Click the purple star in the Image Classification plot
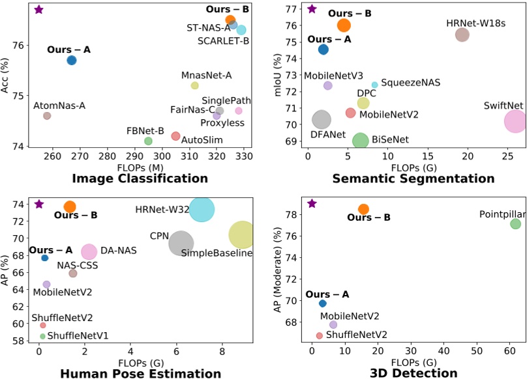pyautogui.click(x=38, y=9)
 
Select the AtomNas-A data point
pyautogui.click(x=47, y=115)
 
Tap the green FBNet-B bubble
pyautogui.click(x=148, y=141)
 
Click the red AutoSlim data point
pyautogui.click(x=175, y=135)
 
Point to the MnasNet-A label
pyautogui.click(x=206, y=75)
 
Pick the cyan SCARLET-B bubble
pyautogui.click(x=241, y=30)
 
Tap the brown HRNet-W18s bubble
pyautogui.click(x=462, y=35)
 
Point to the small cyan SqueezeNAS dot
pyautogui.click(x=374, y=85)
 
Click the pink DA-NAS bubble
pyautogui.click(x=89, y=251)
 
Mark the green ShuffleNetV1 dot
pyautogui.click(x=42, y=336)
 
